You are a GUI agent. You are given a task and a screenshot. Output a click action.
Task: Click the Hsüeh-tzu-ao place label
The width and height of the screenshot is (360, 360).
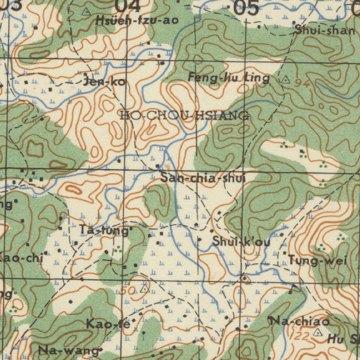tap(137, 21)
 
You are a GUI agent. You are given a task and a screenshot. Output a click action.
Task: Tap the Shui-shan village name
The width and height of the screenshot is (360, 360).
tap(325, 30)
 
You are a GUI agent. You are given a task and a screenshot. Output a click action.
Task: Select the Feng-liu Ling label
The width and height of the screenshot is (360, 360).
tap(229, 78)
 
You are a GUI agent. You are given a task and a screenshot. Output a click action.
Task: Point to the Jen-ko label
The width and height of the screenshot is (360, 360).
tap(104, 82)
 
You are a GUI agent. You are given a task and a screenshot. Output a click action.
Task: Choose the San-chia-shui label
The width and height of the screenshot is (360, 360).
tap(203, 178)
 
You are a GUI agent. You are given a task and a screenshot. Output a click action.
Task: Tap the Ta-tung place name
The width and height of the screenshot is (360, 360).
tap(104, 231)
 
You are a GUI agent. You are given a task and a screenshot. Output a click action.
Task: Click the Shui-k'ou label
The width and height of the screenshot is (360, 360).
tap(241, 242)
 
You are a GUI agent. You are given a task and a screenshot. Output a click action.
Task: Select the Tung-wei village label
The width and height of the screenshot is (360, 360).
tap(317, 261)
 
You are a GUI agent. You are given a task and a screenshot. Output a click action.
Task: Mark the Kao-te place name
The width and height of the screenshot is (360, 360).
tap(108, 324)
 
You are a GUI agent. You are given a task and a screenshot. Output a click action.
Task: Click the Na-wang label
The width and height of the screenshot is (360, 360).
tap(68, 350)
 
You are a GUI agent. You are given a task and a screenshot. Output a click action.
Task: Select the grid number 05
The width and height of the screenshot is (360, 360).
tap(246, 8)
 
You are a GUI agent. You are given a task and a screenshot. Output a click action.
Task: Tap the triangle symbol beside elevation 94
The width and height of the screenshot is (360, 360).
tap(285, 79)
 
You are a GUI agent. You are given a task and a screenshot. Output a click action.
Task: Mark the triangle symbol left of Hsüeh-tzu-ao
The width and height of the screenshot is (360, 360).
tap(85, 12)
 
